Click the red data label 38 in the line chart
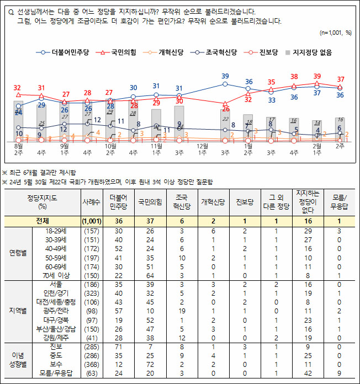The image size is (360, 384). coord(294,77)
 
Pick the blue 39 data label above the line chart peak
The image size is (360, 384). coord(225,76)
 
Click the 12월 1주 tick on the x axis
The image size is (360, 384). coord(202,149)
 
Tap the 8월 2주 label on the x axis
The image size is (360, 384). coord(18,149)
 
